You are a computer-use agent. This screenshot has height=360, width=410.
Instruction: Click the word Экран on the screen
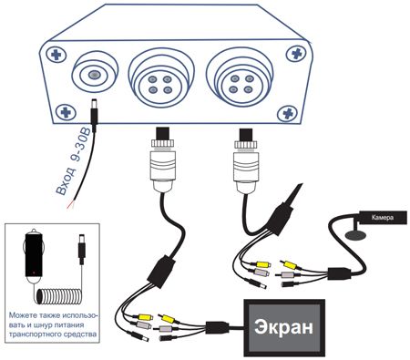point(283,327)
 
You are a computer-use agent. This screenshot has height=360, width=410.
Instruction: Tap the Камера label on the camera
point(383,218)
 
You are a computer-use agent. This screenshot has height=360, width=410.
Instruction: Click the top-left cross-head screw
point(56,55)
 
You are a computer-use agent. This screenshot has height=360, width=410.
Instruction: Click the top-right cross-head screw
point(296,54)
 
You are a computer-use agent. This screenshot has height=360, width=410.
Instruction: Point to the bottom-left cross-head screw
point(66,113)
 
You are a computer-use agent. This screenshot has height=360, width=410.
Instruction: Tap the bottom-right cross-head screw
point(288,114)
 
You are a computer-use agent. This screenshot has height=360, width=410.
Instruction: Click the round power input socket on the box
point(95,73)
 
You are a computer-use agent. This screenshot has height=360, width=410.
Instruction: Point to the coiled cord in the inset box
point(59,296)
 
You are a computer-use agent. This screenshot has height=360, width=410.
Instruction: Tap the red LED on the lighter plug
point(34,273)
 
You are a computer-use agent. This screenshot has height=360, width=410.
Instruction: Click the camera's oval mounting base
point(355,235)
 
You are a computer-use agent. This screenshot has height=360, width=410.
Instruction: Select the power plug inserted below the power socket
point(94,115)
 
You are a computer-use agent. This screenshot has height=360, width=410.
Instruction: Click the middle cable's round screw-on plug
point(164,160)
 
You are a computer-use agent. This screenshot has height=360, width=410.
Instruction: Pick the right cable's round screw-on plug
point(247,160)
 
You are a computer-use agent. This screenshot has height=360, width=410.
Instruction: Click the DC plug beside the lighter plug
point(81,249)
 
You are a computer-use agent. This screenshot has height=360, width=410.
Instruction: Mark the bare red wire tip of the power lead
point(70,205)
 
